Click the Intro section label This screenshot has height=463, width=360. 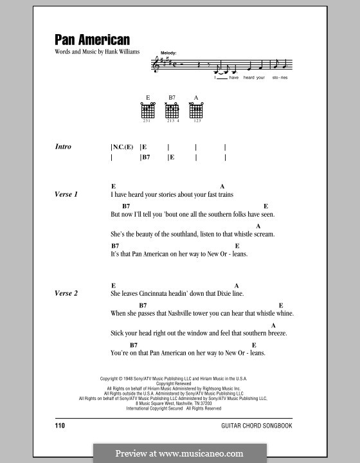tap(63, 147)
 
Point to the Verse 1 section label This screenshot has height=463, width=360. tap(66, 194)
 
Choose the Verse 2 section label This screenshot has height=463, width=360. tap(66, 293)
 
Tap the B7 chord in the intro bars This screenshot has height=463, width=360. tap(146, 157)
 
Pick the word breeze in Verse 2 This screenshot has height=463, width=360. tap(274, 333)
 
